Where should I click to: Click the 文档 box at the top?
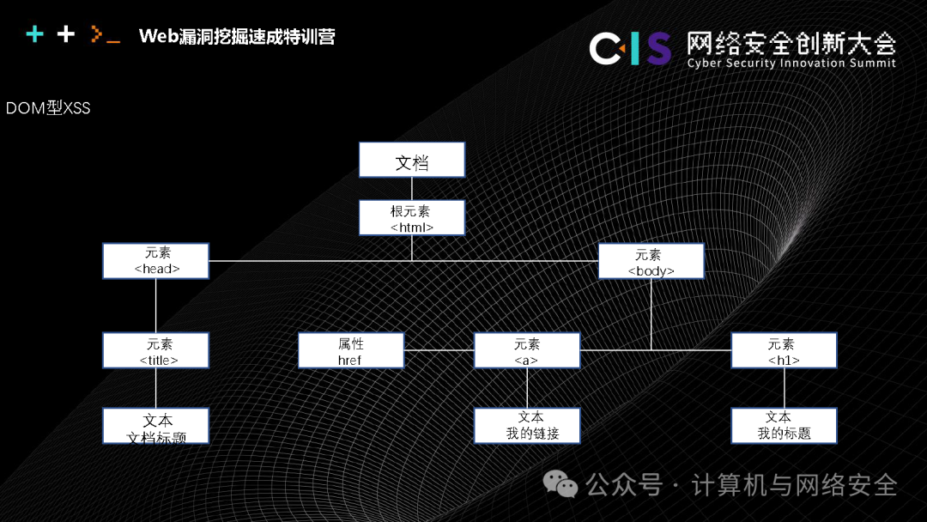(x=412, y=161)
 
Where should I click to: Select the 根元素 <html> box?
(x=412, y=218)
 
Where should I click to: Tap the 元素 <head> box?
(x=156, y=261)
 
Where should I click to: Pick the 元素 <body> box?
(x=651, y=262)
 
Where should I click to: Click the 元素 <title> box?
(x=156, y=351)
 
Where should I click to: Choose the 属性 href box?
(x=350, y=351)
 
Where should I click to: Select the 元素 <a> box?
(x=527, y=351)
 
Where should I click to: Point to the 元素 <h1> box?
(x=784, y=351)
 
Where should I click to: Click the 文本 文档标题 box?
(x=156, y=427)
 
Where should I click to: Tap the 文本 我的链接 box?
(x=527, y=426)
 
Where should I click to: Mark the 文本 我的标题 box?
(x=784, y=426)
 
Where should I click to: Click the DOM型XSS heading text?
(x=48, y=109)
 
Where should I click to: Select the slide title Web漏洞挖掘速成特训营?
(x=237, y=36)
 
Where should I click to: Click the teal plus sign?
(x=34, y=34)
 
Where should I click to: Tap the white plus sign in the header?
(x=66, y=34)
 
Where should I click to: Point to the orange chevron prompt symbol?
(x=98, y=35)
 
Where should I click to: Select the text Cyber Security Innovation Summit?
(x=791, y=64)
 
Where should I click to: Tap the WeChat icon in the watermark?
(x=563, y=486)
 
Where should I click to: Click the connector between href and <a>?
(x=439, y=350)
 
